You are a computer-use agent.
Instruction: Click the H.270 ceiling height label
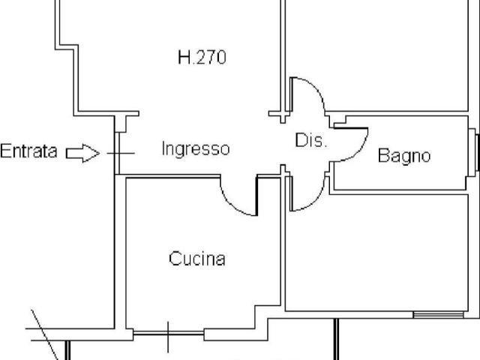(x=202, y=57)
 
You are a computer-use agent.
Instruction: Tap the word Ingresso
(x=196, y=148)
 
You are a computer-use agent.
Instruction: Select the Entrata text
(x=28, y=151)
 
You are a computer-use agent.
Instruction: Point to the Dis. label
(x=310, y=140)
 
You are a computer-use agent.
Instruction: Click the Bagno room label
(x=404, y=155)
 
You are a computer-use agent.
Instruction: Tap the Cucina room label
(x=197, y=258)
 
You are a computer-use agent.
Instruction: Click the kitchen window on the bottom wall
(x=168, y=333)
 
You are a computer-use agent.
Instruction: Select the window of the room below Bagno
(x=438, y=315)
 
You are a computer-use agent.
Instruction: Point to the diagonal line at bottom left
(x=44, y=335)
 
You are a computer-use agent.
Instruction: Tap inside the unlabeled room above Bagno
(x=376, y=55)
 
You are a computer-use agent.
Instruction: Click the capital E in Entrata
(x=5, y=151)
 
